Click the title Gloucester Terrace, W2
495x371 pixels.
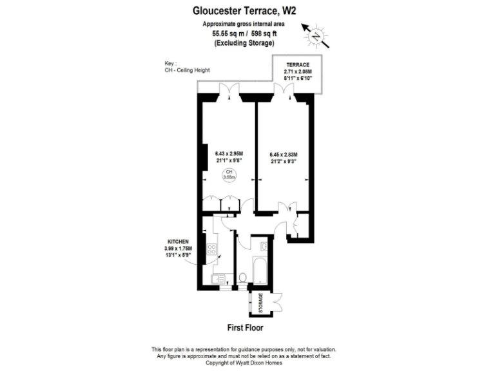(244, 10)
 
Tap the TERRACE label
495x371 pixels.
(298, 65)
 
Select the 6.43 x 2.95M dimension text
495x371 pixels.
(229, 153)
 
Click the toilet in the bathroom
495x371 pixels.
(243, 278)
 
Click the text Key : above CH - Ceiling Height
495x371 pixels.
(171, 64)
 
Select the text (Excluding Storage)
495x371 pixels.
(244, 43)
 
